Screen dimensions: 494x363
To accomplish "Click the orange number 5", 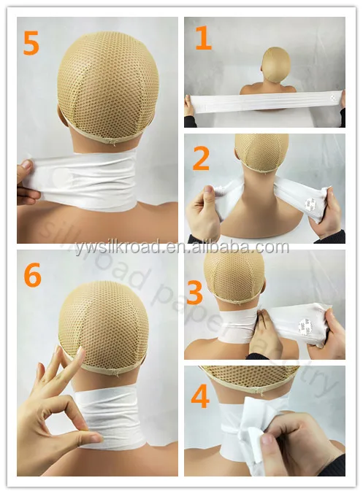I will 31,44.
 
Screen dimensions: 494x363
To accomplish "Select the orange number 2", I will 201,158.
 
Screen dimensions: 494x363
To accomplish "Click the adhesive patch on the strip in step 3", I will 307,320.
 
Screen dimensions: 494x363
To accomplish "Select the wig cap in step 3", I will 234,274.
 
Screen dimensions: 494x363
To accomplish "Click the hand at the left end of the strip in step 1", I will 190,107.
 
